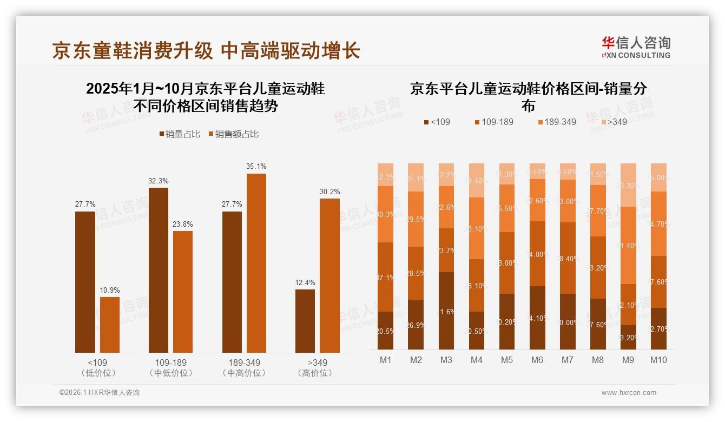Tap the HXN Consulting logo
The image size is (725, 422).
(636, 48)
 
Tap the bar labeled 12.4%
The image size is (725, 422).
(305, 321)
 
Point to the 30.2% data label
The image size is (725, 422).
(330, 192)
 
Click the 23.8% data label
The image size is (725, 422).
(183, 224)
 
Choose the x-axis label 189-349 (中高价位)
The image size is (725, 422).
(244, 367)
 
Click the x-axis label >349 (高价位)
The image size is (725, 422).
(317, 367)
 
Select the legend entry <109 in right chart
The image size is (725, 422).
(437, 122)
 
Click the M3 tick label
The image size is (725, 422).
(446, 360)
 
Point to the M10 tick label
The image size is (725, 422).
(658, 360)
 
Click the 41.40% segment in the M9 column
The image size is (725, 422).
(628, 245)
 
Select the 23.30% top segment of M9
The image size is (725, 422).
(628, 184)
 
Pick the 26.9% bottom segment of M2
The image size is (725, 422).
(416, 325)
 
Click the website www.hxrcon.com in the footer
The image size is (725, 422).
(628, 393)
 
